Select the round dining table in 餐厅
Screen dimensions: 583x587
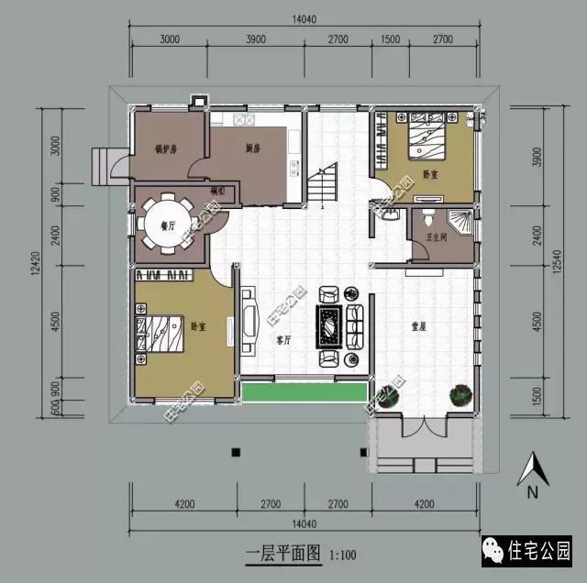[x=167, y=224]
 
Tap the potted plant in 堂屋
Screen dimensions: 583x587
[x=458, y=395]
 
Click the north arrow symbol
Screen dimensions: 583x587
[x=529, y=472]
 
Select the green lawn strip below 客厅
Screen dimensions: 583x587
[x=304, y=391]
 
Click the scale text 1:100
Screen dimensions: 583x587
[x=341, y=554]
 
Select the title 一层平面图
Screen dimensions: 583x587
[x=282, y=554]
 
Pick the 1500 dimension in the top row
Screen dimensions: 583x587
[x=390, y=38]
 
